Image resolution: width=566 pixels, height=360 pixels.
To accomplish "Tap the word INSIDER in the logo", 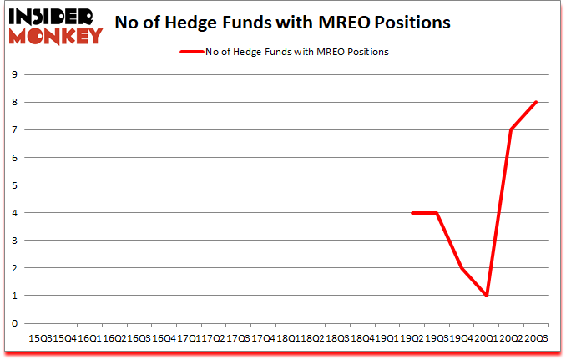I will pyautogui.click(x=53, y=16).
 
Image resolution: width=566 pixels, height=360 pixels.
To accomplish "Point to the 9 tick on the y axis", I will pyautogui.click(x=16, y=75).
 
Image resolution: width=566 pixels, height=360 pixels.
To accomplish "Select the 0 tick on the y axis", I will pyautogui.click(x=16, y=323).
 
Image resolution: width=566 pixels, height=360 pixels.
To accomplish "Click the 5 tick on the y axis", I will pyautogui.click(x=16, y=185).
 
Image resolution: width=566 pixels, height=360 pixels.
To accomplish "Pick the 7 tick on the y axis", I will pyautogui.click(x=16, y=130).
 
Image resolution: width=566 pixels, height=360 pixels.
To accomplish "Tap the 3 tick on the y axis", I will pyautogui.click(x=16, y=241).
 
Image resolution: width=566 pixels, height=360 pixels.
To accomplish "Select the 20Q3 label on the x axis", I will pyautogui.click(x=535, y=340).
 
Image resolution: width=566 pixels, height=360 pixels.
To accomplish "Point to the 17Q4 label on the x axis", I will pyautogui.click(x=264, y=340).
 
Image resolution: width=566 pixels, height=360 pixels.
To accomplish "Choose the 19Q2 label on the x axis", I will pyautogui.click(x=412, y=340).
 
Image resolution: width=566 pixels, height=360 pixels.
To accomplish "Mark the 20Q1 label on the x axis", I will pyautogui.click(x=486, y=340).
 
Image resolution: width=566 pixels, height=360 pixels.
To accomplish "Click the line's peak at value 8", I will pyautogui.click(x=535, y=102).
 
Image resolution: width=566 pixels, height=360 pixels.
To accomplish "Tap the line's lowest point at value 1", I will pyautogui.click(x=486, y=296).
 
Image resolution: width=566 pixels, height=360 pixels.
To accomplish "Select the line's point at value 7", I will pyautogui.click(x=511, y=130).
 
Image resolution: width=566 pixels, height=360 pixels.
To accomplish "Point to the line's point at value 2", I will pyautogui.click(x=461, y=268).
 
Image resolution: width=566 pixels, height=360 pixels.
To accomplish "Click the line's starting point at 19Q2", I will pyautogui.click(x=412, y=213).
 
